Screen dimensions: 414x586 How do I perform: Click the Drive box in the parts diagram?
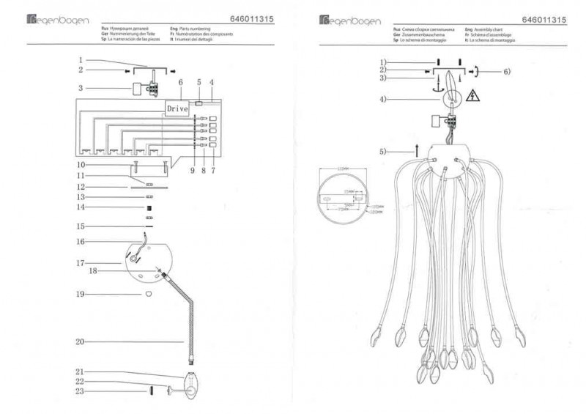pos(177,108)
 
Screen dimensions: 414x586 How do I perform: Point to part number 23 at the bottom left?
pos(81,391)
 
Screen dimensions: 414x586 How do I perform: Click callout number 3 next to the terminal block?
pos(81,88)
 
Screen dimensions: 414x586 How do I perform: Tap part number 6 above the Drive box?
pos(180,83)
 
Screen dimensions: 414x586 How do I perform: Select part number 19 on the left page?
pos(81,294)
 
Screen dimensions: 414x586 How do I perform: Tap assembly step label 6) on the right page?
pos(506,71)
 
